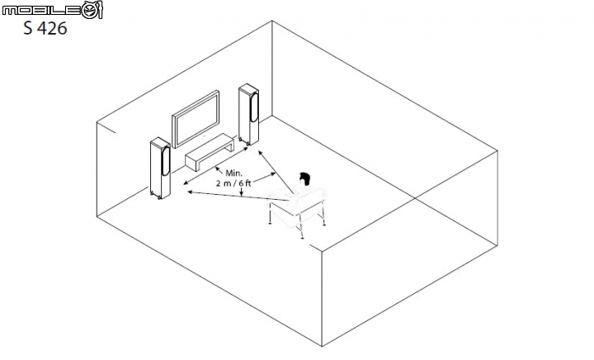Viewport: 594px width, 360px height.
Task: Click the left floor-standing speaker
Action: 159,168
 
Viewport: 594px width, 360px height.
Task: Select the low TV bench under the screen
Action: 208,154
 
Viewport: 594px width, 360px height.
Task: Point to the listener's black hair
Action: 305,178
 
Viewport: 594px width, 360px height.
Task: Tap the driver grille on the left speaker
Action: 166,159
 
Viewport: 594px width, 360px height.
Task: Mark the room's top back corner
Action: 272,21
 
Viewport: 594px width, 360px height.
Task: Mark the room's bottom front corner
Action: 320,348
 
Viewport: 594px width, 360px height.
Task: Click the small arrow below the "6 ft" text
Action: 240,194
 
